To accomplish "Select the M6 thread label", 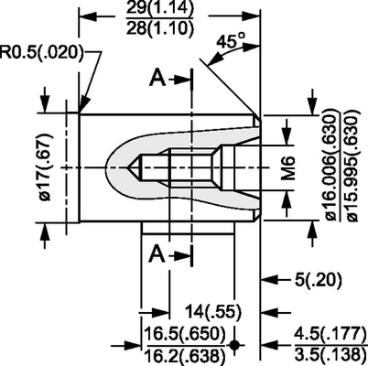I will tap(288, 168).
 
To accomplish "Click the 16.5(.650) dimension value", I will tap(180, 332).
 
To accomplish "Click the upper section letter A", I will tap(157, 80).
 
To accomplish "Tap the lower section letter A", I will tap(157, 252).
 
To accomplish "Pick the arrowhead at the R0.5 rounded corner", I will tap(82, 109).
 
